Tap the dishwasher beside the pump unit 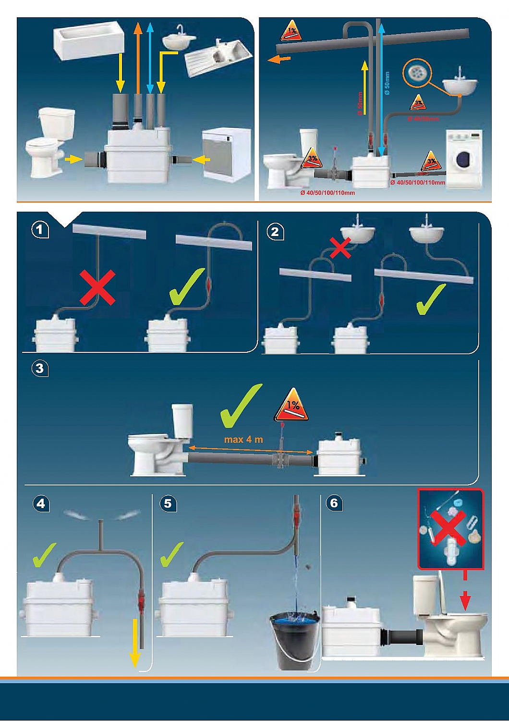click(x=226, y=154)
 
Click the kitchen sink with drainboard click(x=218, y=55)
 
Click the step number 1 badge click(x=40, y=230)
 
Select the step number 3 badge click(x=40, y=369)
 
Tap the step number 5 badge click(x=168, y=503)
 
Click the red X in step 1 click(x=98, y=287)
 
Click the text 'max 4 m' click(x=243, y=439)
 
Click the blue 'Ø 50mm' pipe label click(x=387, y=83)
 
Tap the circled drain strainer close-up click(x=416, y=73)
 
